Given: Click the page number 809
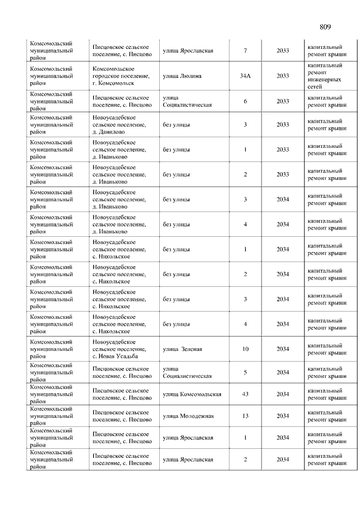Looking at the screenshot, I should (x=325, y=27).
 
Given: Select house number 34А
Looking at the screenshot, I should (x=245, y=76).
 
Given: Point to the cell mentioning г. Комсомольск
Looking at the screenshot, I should (x=121, y=76).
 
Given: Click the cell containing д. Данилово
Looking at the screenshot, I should (x=120, y=124).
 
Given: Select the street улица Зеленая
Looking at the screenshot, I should (x=182, y=349).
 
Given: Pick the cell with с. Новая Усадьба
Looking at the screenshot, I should (x=120, y=349).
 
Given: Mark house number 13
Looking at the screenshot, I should (x=245, y=416).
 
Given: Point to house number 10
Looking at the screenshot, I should (x=245, y=349).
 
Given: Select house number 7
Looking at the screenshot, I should (x=245, y=51).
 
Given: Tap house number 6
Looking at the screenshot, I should (x=245, y=101).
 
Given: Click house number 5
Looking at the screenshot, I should (x=245, y=372).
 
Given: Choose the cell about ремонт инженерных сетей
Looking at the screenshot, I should (x=325, y=76).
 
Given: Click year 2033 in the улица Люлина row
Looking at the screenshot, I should (x=282, y=76).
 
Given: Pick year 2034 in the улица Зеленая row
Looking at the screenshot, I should (x=282, y=349).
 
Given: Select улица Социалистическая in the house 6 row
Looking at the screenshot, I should (x=187, y=101).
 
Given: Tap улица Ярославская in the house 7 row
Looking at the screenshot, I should (x=188, y=51).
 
